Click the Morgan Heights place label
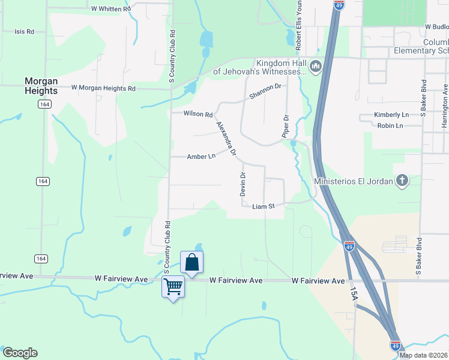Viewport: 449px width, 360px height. click(41, 85)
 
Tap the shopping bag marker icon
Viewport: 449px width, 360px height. click(191, 262)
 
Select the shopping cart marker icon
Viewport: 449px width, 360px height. click(173, 287)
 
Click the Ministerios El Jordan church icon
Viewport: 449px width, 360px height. click(402, 181)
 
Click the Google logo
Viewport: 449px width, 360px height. click(20, 353)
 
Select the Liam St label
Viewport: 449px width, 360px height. click(263, 206)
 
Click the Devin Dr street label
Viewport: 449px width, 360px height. click(243, 184)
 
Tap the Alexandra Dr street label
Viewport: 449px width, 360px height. click(227, 137)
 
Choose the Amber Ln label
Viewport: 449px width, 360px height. click(201, 157)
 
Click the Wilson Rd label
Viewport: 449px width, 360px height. click(198, 114)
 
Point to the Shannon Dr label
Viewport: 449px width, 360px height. click(265, 89)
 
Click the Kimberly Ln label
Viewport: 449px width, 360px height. click(391, 115)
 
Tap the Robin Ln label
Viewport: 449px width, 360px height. click(390, 125)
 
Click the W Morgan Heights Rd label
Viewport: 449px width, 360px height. click(103, 88)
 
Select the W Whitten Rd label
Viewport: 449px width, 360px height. click(111, 9)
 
